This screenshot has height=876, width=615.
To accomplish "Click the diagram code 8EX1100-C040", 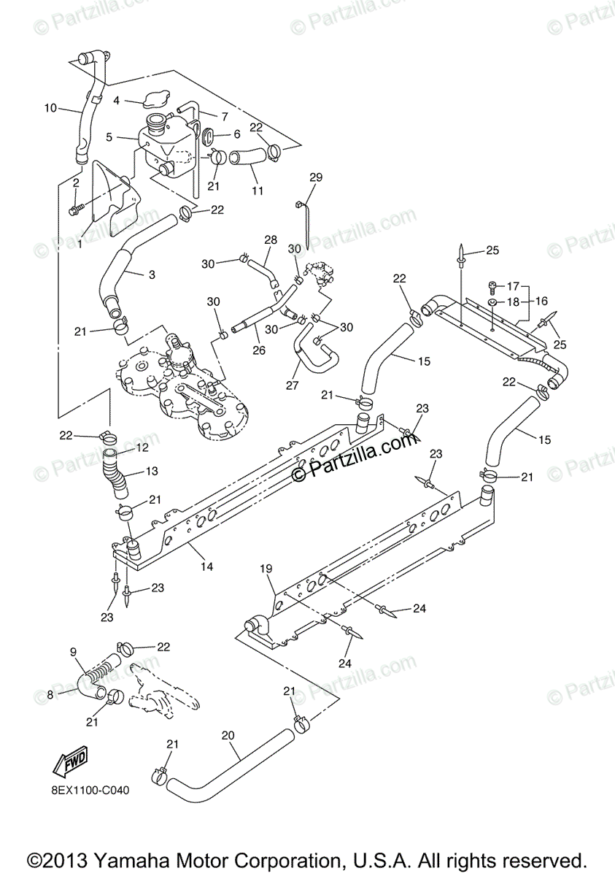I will click(x=91, y=791).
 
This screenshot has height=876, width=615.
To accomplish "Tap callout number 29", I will click(x=315, y=177).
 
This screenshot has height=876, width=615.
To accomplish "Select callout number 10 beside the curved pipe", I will click(x=50, y=108).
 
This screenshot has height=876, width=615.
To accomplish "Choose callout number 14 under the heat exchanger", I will click(x=206, y=566).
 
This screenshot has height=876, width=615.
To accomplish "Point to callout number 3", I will click(x=151, y=274).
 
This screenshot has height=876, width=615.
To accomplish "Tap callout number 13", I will click(x=152, y=471).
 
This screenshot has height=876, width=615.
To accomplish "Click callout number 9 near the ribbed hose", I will click(x=73, y=652).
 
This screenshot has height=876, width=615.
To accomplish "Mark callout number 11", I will click(x=256, y=191).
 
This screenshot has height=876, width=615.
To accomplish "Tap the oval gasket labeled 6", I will click(x=206, y=136).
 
